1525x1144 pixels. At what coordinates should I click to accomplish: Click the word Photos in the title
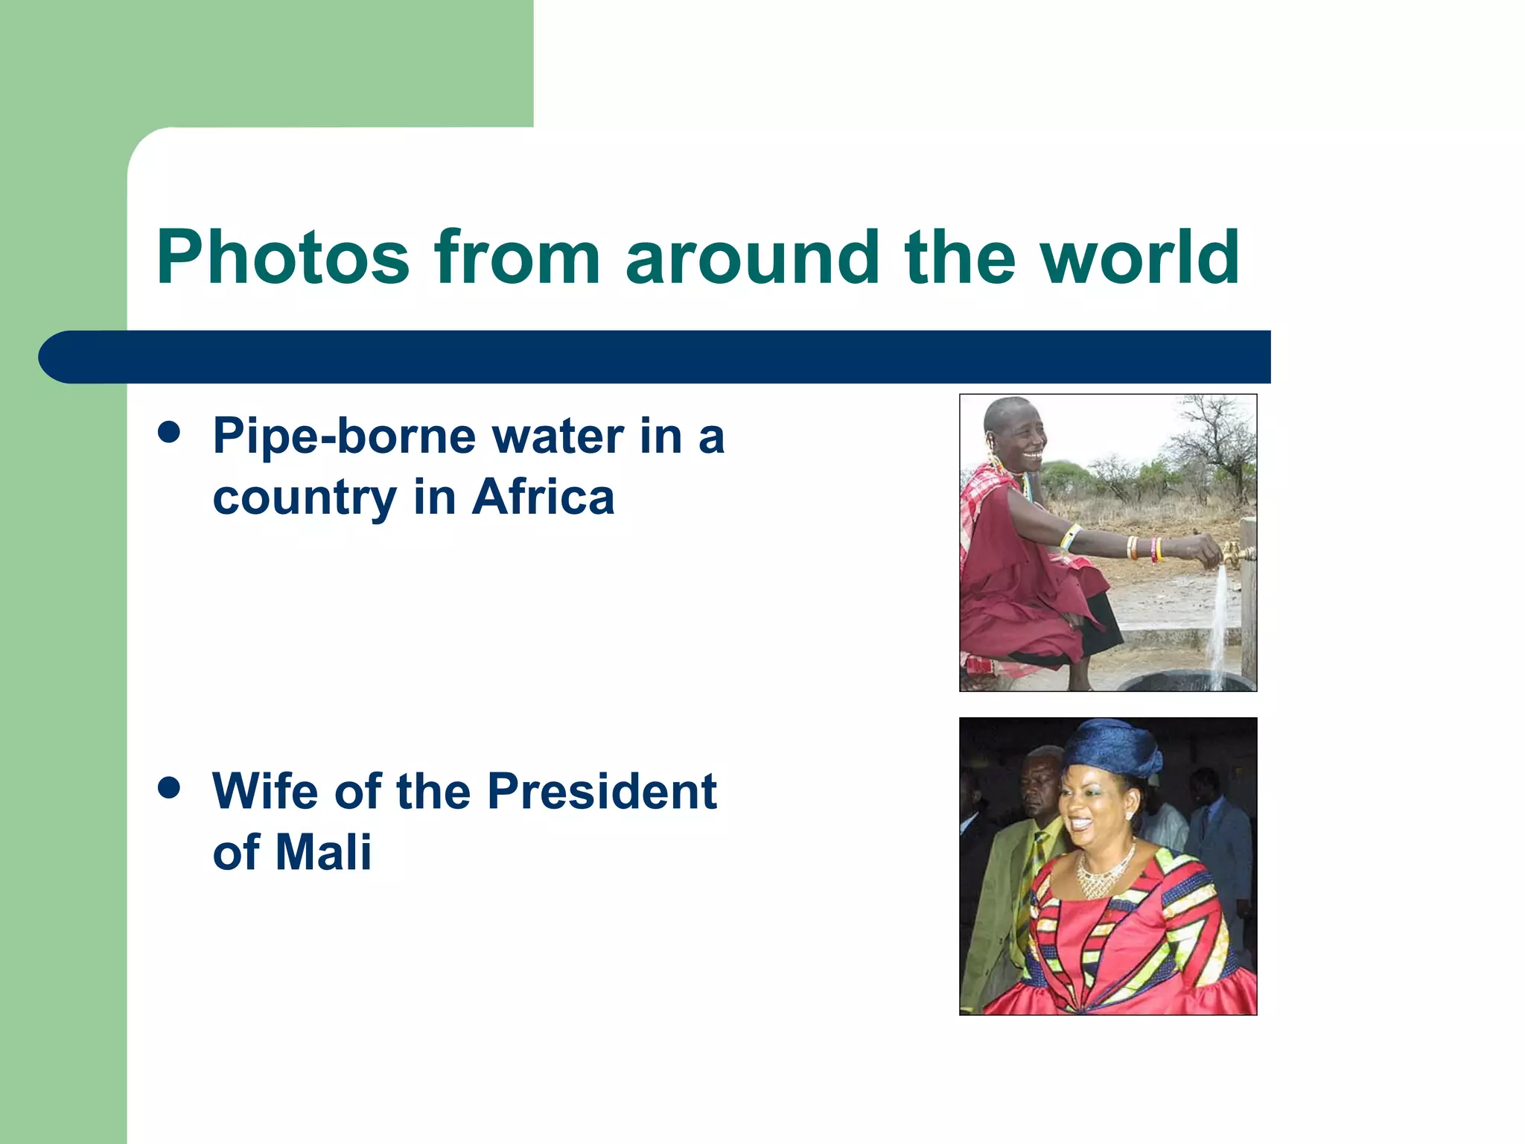point(283,257)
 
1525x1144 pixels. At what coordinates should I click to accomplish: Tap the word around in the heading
point(752,257)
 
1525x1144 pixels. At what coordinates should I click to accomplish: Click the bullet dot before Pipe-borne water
point(170,432)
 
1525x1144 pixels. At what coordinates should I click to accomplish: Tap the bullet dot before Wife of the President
point(170,788)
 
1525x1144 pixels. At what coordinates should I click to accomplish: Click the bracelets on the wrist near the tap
point(1143,548)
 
